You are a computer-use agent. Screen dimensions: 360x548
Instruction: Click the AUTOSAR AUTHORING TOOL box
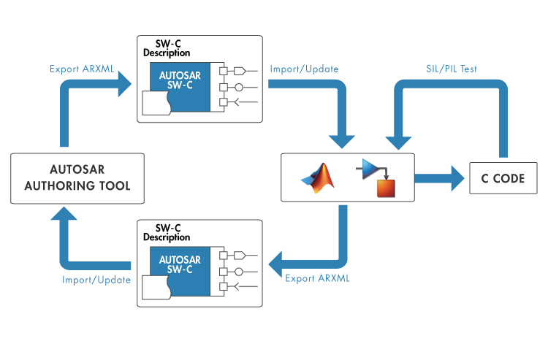[x=77, y=177]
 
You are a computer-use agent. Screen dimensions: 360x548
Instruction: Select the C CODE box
[x=498, y=178]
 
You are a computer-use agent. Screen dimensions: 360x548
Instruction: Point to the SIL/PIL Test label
[x=452, y=69]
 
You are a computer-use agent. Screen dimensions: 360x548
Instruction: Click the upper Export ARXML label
[x=83, y=69]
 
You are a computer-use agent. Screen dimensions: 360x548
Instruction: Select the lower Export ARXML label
[x=317, y=278]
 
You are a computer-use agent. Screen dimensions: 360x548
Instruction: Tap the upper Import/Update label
[x=304, y=69]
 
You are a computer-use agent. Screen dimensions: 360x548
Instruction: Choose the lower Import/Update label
[x=96, y=280]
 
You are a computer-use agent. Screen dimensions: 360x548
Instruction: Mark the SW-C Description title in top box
[x=167, y=48]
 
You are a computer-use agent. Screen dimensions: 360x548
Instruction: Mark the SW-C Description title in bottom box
[x=167, y=232]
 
